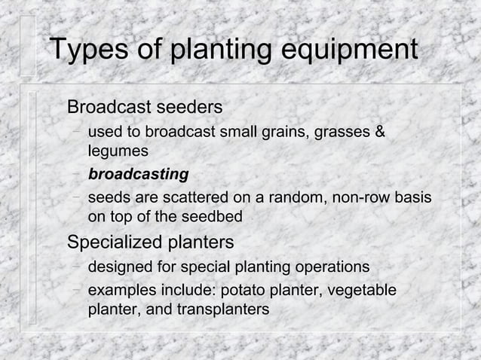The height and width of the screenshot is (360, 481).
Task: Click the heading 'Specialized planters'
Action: click(151, 243)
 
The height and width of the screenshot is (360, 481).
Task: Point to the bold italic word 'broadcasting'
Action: click(138, 175)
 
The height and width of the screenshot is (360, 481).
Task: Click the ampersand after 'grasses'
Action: click(379, 133)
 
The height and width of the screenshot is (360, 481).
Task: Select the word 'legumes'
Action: click(118, 152)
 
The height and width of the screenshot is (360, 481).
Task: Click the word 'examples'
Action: click(120, 291)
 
